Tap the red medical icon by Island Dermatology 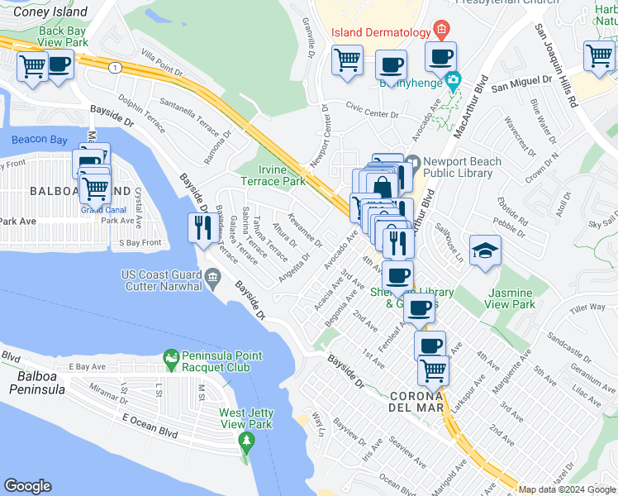coord(442,31)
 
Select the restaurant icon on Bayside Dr coord(203,227)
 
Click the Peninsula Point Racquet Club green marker coord(171,360)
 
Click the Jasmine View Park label coord(512,298)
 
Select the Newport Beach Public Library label coord(459,167)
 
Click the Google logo coord(27,486)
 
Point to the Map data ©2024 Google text coord(566,489)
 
